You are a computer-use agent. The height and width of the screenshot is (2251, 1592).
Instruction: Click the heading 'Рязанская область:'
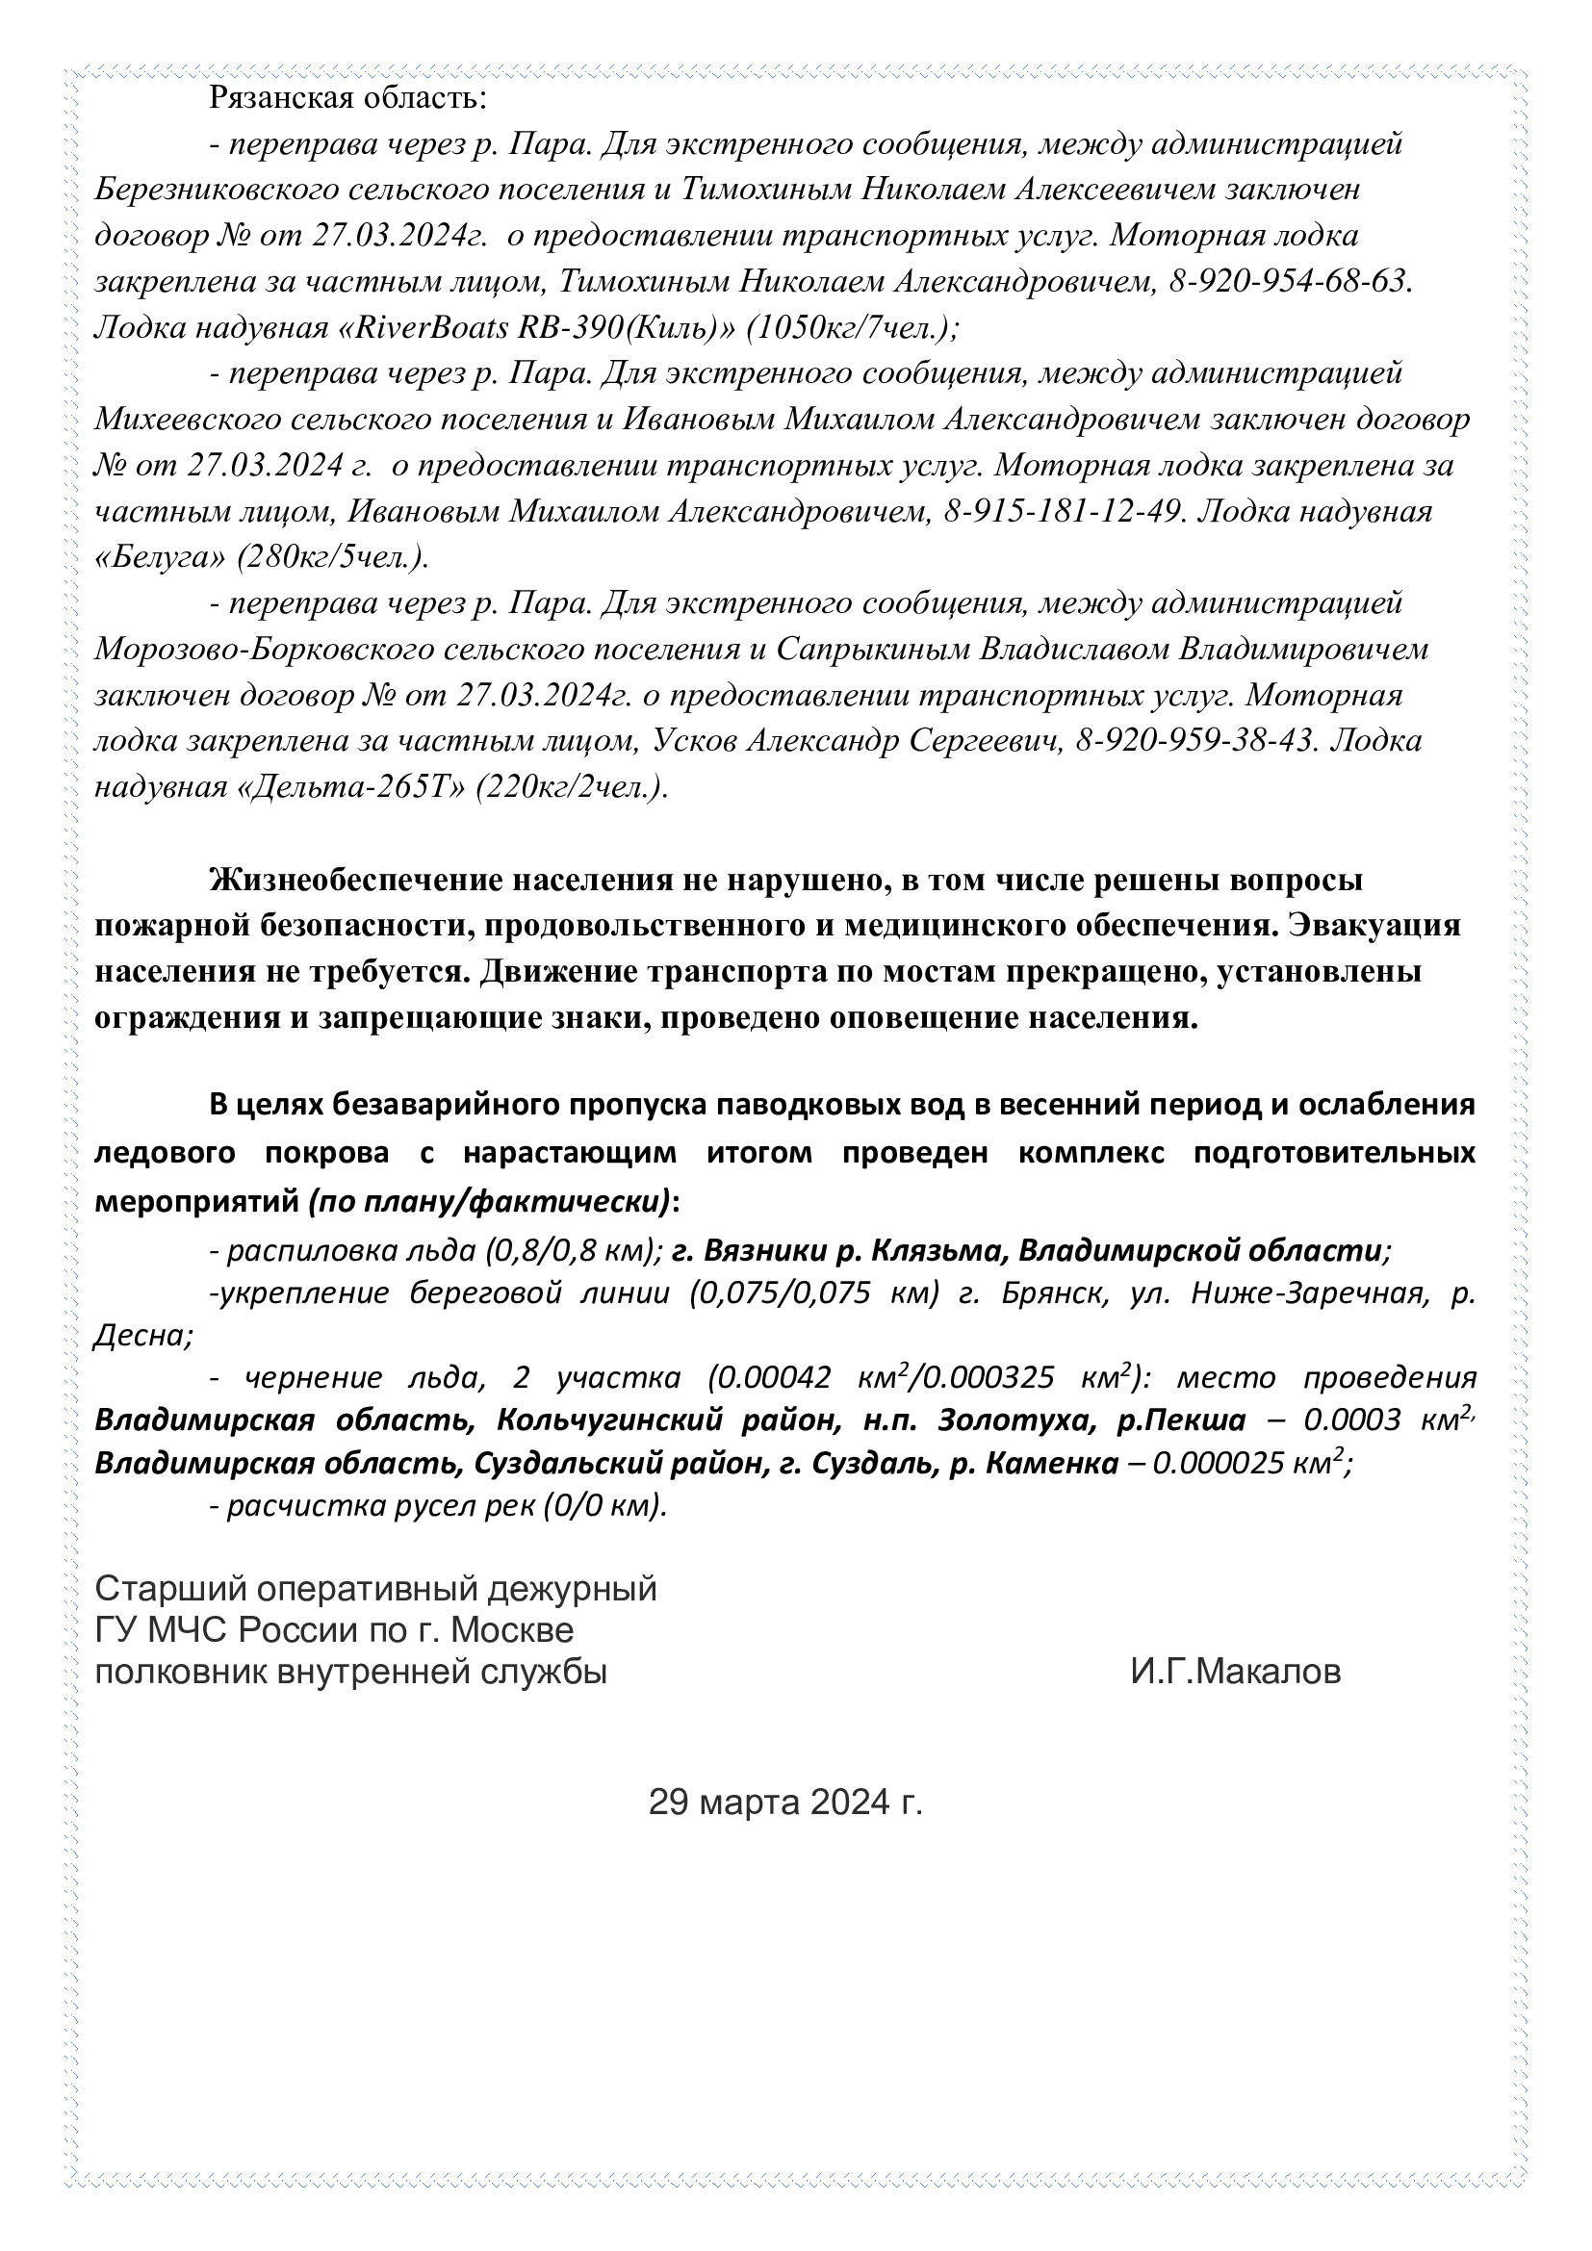click(347, 98)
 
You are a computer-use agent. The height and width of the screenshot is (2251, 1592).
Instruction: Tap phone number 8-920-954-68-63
click(1289, 281)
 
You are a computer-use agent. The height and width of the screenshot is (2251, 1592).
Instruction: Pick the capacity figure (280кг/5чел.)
click(333, 557)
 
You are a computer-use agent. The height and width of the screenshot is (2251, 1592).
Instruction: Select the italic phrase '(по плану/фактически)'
click(490, 1201)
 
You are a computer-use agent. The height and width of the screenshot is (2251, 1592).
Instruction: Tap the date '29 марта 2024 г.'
click(785, 1802)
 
